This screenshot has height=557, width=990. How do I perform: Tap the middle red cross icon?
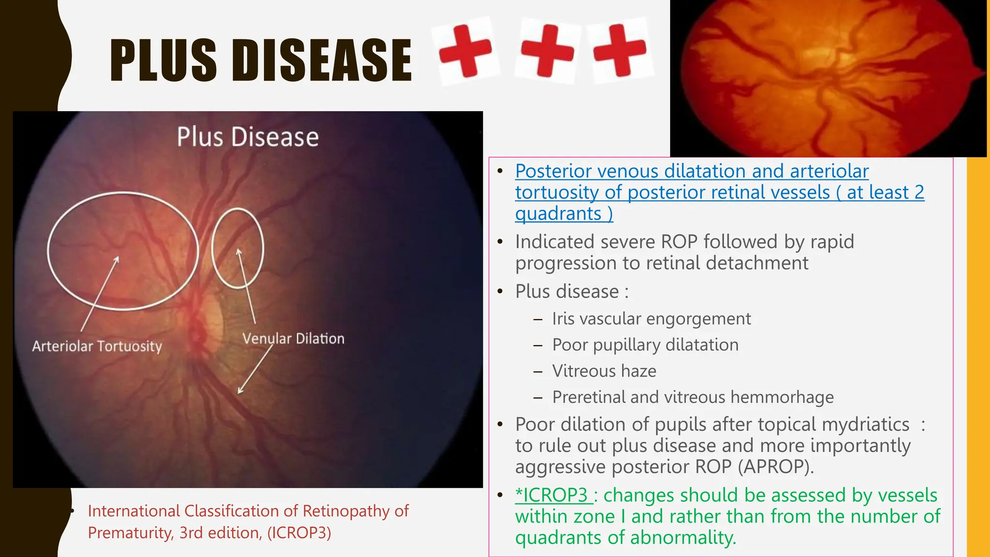pos(547,50)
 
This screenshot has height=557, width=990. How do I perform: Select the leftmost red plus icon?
pos(465,50)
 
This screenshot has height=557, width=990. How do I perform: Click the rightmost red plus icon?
pos(620,50)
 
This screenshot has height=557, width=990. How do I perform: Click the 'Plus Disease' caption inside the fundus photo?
pos(247,137)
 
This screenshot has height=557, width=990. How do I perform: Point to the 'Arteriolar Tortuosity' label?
pos(97,346)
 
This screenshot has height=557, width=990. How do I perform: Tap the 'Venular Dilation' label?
pos(293,338)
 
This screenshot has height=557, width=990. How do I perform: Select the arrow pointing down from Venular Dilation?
pos(255,370)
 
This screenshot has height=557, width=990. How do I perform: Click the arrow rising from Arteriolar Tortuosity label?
pos(99,295)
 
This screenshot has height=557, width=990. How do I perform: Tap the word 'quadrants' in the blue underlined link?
pos(558,213)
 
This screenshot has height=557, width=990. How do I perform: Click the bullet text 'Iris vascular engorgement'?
pos(651,319)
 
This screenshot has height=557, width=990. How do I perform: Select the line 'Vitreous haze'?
pos(604,371)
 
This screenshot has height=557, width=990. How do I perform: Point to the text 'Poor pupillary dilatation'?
pos(645,345)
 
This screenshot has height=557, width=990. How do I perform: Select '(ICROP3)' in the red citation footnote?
pos(299,532)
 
